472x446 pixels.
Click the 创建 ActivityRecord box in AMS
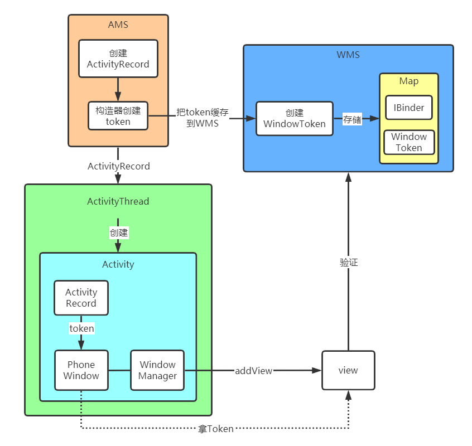click(x=118, y=58)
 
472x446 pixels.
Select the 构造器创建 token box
click(x=118, y=115)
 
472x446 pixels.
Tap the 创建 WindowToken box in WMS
click(x=294, y=118)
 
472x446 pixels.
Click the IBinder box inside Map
click(x=409, y=108)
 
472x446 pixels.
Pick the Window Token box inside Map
click(x=409, y=142)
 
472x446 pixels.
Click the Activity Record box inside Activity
click(x=81, y=297)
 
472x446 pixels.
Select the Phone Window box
click(x=81, y=370)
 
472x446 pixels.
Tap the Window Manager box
click(x=157, y=370)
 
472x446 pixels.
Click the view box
click(x=348, y=370)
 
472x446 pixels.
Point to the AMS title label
click(x=118, y=25)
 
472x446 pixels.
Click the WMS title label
click(x=348, y=55)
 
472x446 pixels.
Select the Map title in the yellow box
click(x=409, y=81)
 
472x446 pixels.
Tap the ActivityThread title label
click(x=118, y=201)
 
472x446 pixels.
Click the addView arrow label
click(x=254, y=370)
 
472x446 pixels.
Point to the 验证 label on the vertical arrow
click(x=348, y=262)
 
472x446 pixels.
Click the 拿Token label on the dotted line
click(x=215, y=429)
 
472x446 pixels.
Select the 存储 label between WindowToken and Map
click(x=352, y=119)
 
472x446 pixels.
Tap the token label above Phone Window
click(x=81, y=328)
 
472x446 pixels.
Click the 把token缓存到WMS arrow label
click(x=202, y=117)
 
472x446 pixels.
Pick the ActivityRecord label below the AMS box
click(x=118, y=166)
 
